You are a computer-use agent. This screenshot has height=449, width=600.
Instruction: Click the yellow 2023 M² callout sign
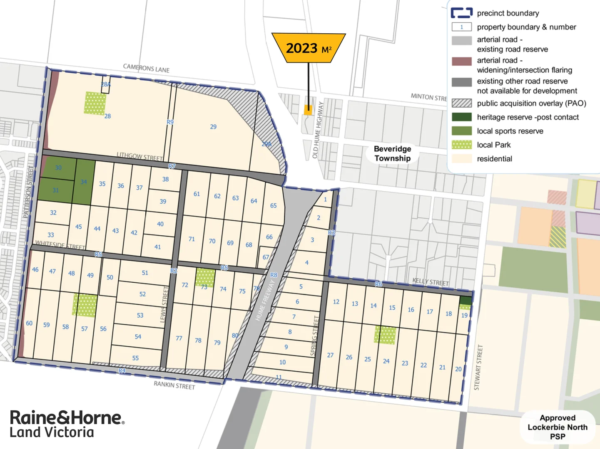tap(309, 48)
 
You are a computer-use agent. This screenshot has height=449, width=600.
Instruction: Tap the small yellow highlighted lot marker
tap(308, 110)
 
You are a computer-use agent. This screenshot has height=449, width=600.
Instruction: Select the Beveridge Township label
tap(392, 153)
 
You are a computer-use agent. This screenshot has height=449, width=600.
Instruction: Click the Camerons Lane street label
tap(146, 68)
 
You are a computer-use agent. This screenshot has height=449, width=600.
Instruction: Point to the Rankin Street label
tap(174, 385)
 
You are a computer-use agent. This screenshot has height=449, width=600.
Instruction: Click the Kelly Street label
tap(431, 282)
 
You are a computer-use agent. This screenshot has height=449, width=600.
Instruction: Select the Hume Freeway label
tap(265, 300)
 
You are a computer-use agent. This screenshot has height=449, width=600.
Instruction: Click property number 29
tap(213, 127)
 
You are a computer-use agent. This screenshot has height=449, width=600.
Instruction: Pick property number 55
tap(135, 358)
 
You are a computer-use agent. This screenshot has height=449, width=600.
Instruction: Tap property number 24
tap(386, 361)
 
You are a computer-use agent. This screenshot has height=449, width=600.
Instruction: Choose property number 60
tap(29, 323)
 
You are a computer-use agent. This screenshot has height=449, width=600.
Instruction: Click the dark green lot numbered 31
tap(55, 190)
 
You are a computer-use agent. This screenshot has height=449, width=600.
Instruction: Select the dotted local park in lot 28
tap(95, 103)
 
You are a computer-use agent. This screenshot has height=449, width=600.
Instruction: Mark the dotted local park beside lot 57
tap(85, 305)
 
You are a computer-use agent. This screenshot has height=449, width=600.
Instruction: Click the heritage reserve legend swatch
tap(461, 117)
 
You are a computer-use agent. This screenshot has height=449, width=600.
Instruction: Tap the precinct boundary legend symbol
tap(461, 13)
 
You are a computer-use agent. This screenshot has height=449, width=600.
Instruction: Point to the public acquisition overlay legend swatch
tap(461, 103)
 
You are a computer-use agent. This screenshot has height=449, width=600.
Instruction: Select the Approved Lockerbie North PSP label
tap(557, 427)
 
